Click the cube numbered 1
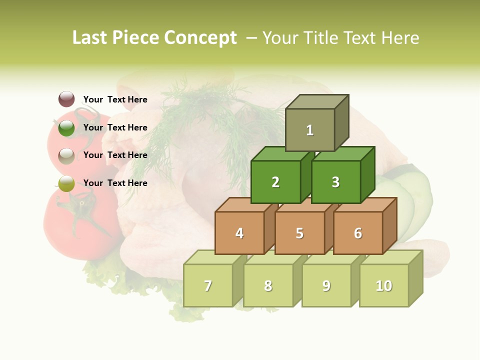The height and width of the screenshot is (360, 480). coord(310,130)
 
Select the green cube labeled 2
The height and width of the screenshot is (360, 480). coord(275,182)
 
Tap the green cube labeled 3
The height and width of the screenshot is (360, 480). coord(335,182)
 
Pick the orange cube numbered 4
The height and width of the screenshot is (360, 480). coord(239,233)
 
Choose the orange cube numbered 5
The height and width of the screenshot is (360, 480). coord(299,233)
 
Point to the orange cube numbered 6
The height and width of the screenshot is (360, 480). coord(357,233)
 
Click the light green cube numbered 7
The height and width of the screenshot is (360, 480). coord(208,285)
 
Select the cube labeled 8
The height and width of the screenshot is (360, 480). coord(268,285)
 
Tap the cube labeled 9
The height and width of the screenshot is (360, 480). coord(326,285)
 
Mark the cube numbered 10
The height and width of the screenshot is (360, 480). coord(383,285)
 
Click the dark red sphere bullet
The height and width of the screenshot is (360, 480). coord(66,99)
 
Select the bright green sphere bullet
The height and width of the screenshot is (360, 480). coord(66,127)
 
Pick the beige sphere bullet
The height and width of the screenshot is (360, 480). coord(66,155)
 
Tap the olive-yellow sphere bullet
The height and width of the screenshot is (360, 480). coord(66,183)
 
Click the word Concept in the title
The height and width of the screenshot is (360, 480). coord(200,38)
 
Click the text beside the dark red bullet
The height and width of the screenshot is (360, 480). coord(115,99)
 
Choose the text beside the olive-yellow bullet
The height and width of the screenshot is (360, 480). coord(115,183)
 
